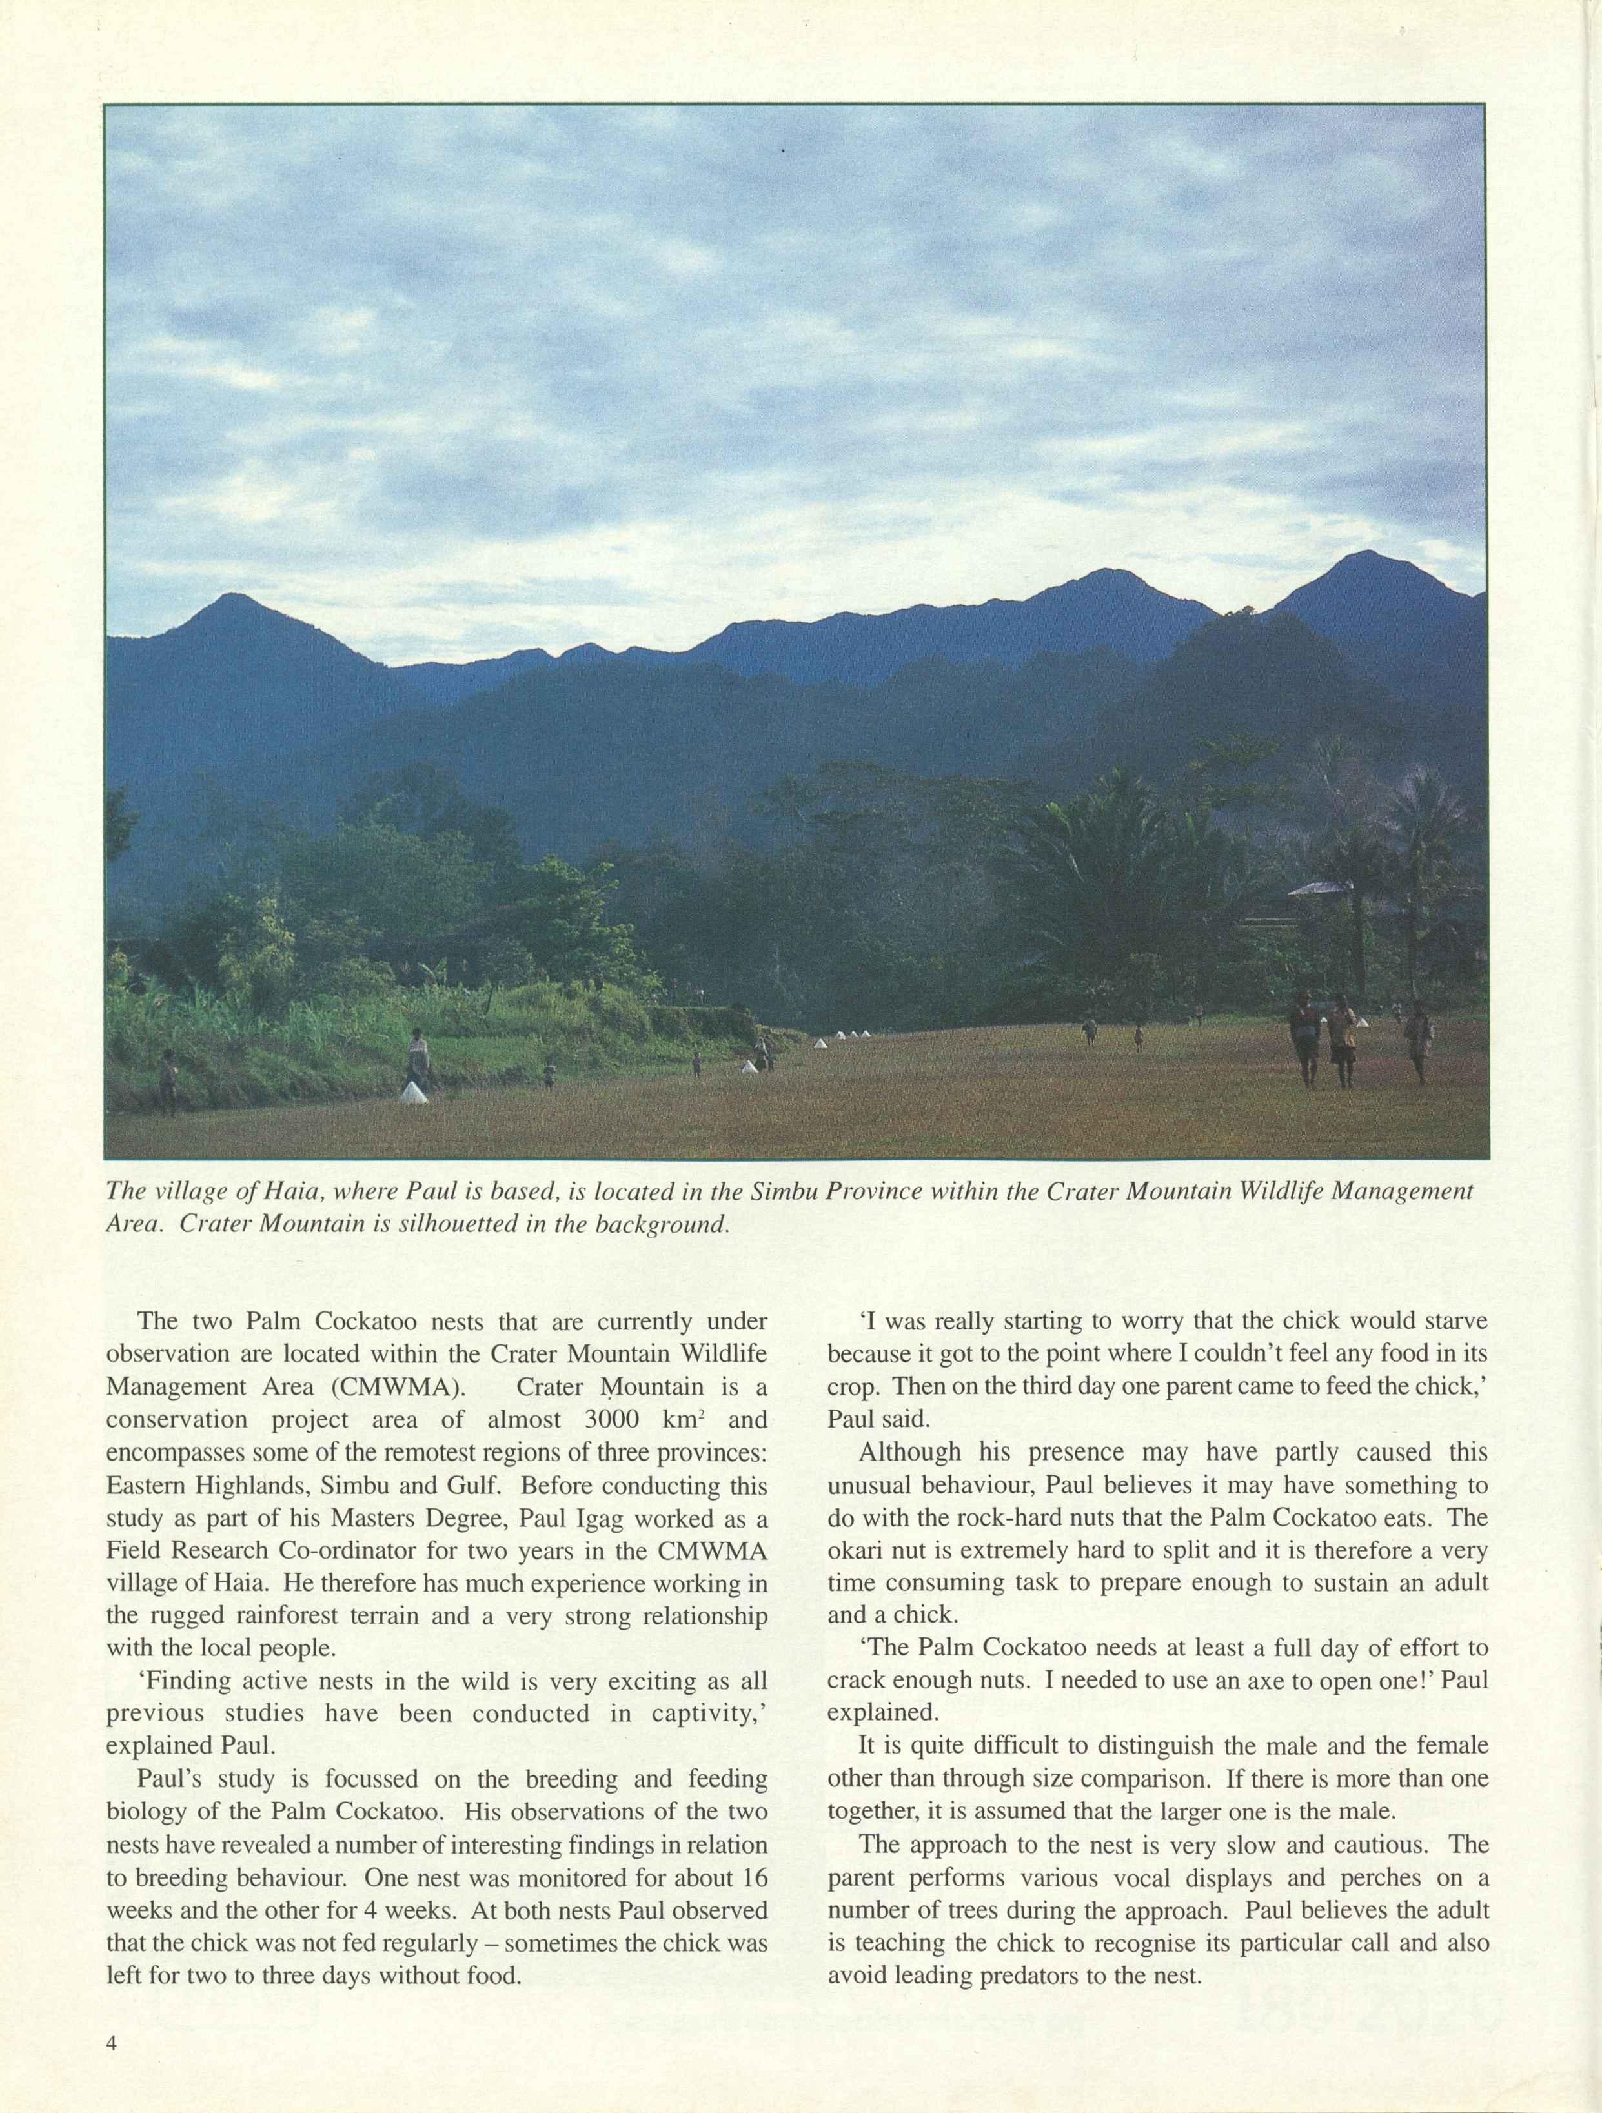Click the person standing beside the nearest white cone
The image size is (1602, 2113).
(418, 1056)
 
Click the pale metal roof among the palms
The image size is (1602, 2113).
(1321, 889)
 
